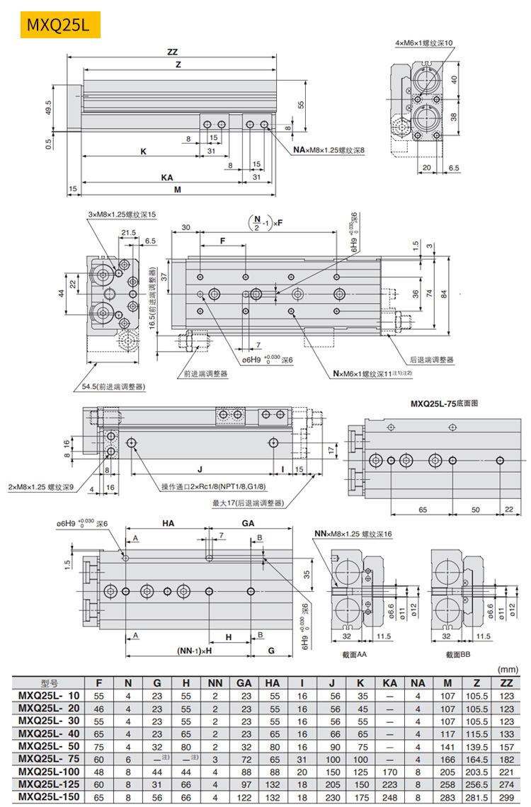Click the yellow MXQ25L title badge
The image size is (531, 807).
tap(59, 25)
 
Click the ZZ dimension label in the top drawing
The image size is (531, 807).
tap(172, 52)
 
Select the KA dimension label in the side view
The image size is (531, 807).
tap(167, 177)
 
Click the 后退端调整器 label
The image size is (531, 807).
tap(431, 360)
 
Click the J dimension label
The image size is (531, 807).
tap(200, 469)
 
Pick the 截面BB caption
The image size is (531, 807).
tap(458, 655)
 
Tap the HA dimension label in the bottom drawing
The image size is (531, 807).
tap(168, 524)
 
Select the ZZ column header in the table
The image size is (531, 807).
tap(506, 683)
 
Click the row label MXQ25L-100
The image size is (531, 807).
tap(49, 771)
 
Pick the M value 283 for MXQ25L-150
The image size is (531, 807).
tap(447, 797)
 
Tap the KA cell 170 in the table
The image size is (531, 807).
tap(389, 771)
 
